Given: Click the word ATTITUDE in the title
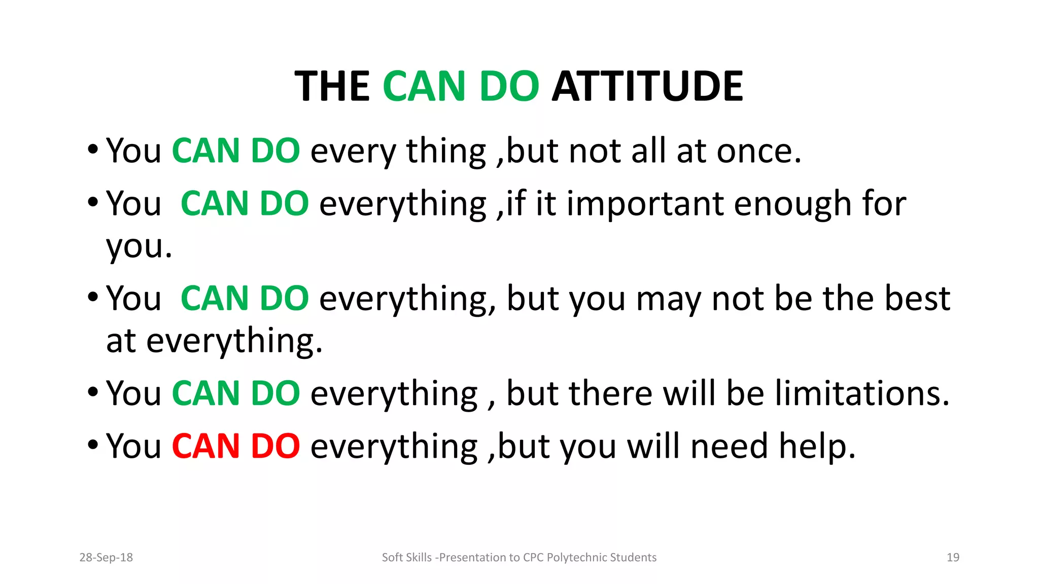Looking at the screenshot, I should pos(647,86).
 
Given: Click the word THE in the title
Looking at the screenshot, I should pos(332,86).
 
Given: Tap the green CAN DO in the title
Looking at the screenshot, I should pos(461,86).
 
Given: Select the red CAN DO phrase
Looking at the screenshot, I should pos(236,446).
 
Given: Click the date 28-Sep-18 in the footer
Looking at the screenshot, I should pos(106,558).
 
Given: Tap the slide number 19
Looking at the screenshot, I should pos(953,558).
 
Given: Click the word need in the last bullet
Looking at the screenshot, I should pos(729,446).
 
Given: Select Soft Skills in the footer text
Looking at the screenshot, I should pos(406,558).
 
